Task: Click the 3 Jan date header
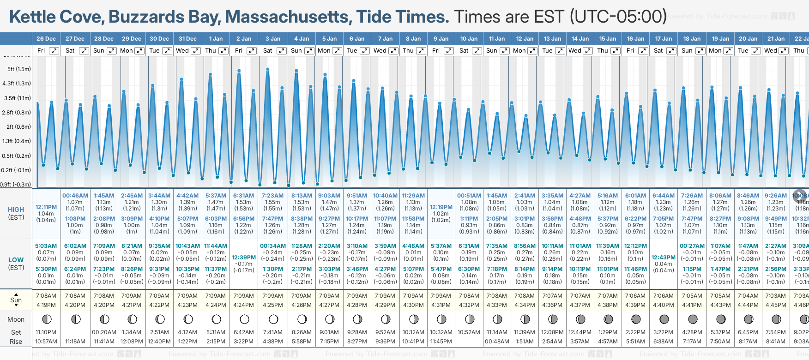tap(272, 39)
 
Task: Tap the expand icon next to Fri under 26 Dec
tap(54, 51)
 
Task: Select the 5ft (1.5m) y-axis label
tap(19, 69)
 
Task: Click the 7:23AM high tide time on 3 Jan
tap(272, 196)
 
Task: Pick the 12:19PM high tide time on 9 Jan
tap(441, 207)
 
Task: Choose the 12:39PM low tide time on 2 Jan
tap(243, 258)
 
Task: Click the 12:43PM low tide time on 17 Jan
tap(664, 258)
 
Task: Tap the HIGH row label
tap(16, 210)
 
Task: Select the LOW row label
tap(16, 260)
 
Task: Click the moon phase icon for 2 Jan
tap(244, 319)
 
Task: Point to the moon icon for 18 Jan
tap(693, 319)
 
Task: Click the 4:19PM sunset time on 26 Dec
tap(46, 305)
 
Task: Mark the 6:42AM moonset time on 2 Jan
tap(243, 332)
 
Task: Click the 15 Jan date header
tap(608, 39)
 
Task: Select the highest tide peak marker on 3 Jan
tap(268, 69)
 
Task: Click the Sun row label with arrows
tap(16, 300)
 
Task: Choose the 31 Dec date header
tap(187, 39)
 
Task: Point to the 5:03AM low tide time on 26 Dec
tap(46, 246)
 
